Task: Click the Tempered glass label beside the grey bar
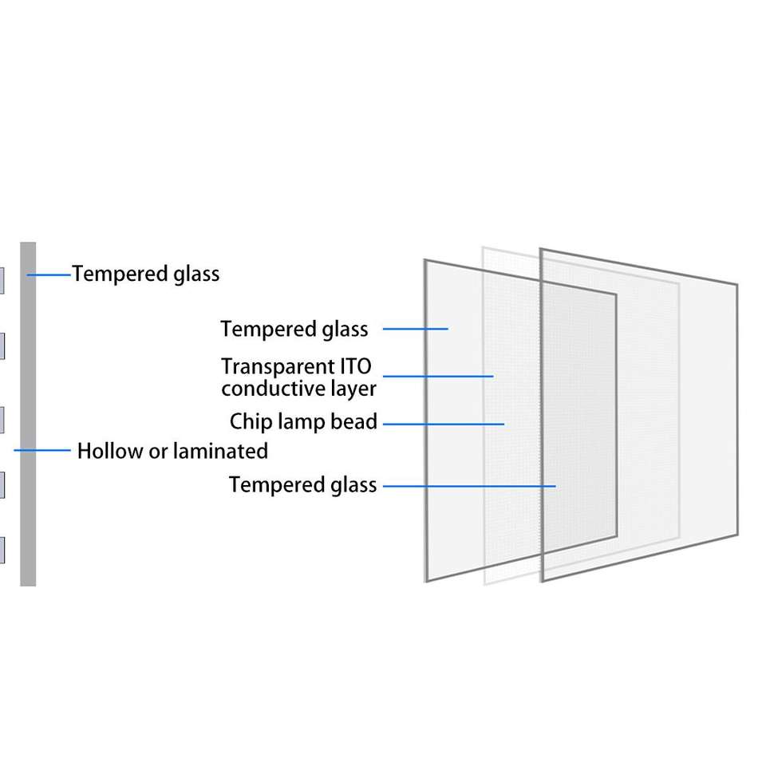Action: click(145, 274)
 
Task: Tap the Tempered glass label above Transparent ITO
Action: click(294, 329)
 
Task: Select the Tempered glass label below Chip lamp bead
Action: click(302, 484)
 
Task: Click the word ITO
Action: click(355, 367)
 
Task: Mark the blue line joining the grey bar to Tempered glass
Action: click(49, 274)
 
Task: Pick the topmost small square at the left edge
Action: click(2, 280)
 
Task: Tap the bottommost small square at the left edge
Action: click(2, 550)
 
